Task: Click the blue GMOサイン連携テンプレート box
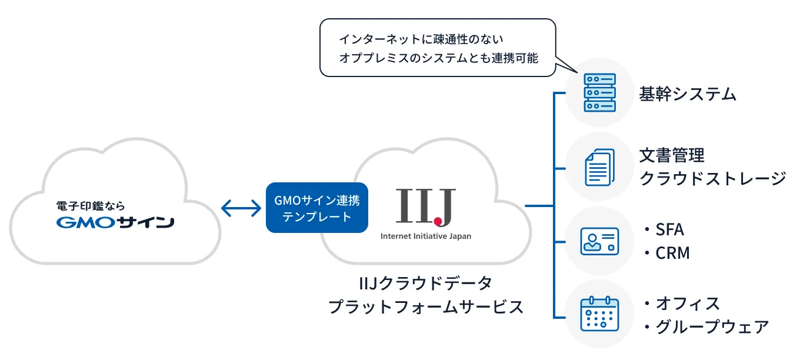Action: click(x=316, y=209)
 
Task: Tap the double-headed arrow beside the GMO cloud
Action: click(x=241, y=207)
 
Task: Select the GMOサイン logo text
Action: click(x=115, y=223)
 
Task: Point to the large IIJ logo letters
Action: click(x=425, y=207)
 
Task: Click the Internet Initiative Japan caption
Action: click(x=425, y=236)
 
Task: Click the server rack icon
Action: click(x=599, y=92)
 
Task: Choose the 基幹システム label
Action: click(x=688, y=94)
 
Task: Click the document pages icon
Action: click(x=599, y=166)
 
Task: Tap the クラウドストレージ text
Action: click(x=712, y=178)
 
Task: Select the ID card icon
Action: click(x=599, y=241)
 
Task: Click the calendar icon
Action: click(x=599, y=314)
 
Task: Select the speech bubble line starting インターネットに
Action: click(x=422, y=39)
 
